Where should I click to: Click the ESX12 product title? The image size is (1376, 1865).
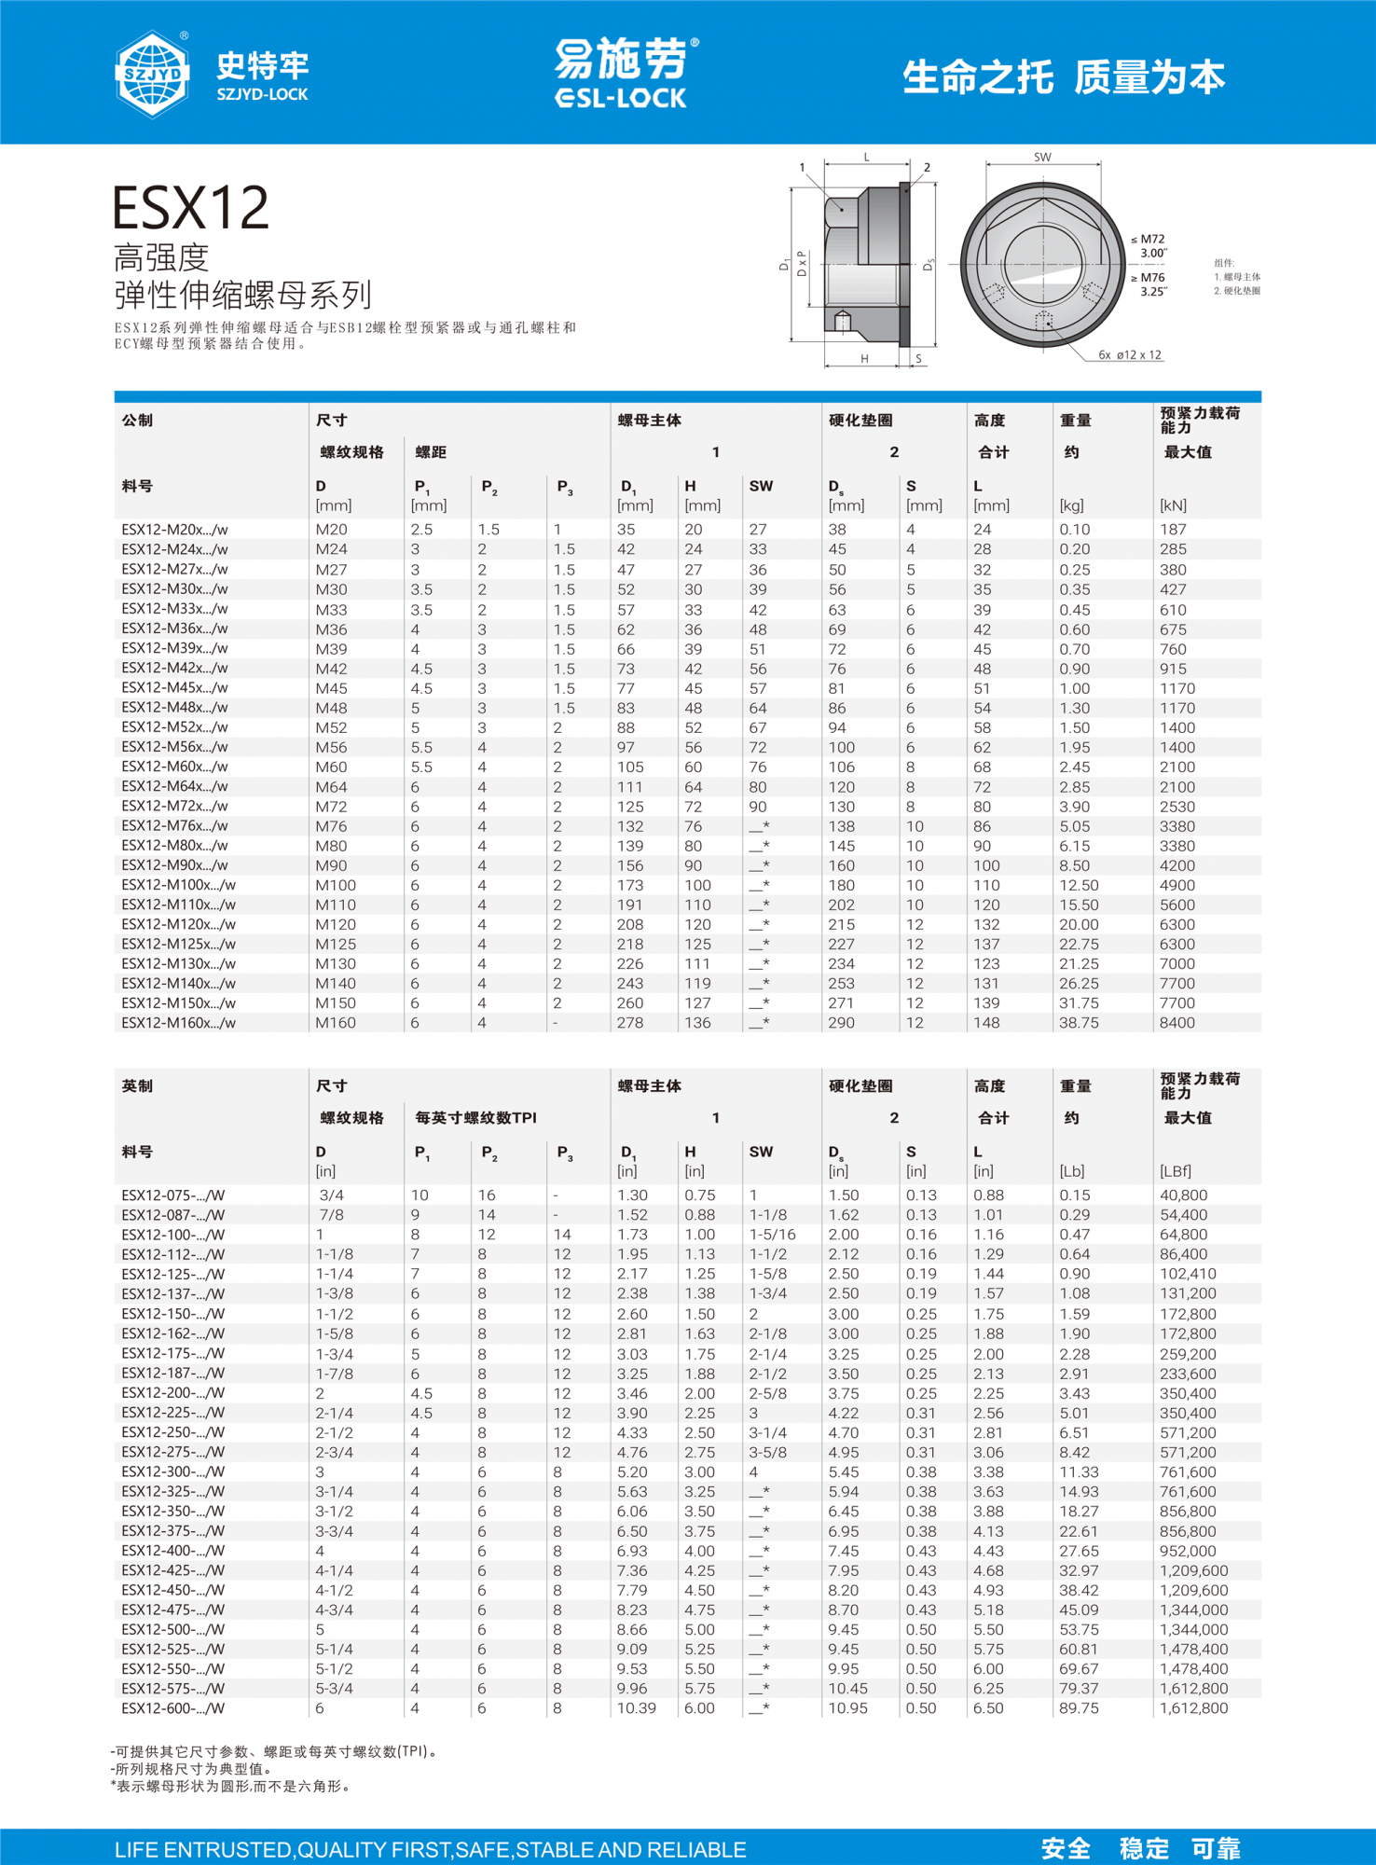(x=191, y=208)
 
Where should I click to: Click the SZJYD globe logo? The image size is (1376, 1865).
(x=152, y=74)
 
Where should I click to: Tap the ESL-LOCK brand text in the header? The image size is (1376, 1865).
(x=621, y=98)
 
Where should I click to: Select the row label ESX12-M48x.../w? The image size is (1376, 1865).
(x=174, y=708)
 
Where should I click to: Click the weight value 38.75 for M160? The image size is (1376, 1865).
(x=1079, y=1023)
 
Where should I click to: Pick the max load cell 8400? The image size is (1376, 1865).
(x=1177, y=1023)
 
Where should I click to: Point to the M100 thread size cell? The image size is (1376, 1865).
(x=336, y=885)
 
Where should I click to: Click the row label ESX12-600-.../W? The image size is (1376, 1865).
(x=173, y=1708)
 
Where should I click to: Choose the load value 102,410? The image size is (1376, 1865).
(x=1188, y=1274)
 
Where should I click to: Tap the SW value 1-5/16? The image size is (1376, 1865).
(x=773, y=1235)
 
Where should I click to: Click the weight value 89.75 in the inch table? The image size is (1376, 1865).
(x=1079, y=1708)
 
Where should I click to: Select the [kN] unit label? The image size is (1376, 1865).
(x=1173, y=505)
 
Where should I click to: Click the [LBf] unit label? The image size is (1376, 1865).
(x=1176, y=1171)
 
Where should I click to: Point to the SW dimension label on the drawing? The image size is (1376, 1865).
(x=1042, y=158)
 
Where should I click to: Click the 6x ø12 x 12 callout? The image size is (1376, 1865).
(x=1130, y=355)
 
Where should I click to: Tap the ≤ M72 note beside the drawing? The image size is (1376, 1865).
(x=1149, y=240)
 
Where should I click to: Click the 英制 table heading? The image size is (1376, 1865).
(x=137, y=1086)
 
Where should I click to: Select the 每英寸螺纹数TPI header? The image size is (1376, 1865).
(x=475, y=1118)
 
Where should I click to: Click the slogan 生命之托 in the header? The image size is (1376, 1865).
(x=978, y=77)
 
